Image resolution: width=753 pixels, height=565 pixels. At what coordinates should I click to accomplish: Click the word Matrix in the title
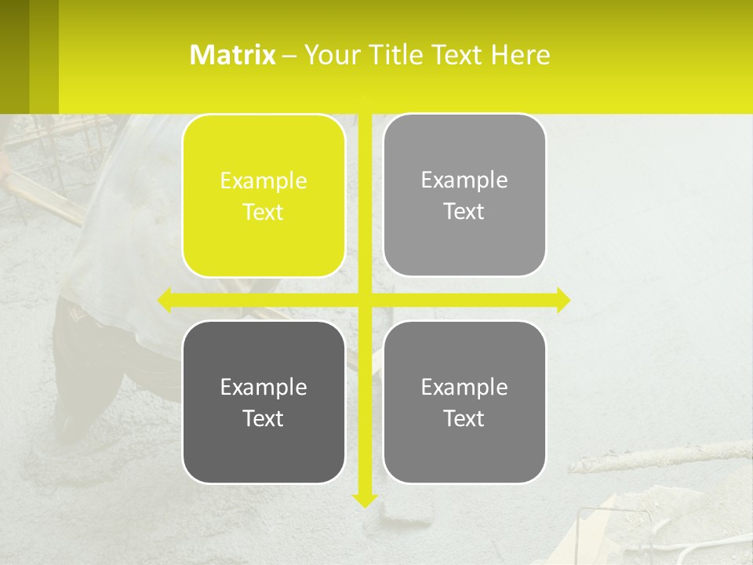[x=232, y=55]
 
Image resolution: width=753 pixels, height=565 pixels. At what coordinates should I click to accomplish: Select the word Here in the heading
[x=521, y=55]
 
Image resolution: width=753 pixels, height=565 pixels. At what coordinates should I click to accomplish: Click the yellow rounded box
[x=264, y=196]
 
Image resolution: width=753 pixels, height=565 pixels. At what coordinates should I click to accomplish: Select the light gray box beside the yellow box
[x=464, y=195]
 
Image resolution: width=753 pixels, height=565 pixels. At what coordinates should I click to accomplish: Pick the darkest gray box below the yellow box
[x=264, y=402]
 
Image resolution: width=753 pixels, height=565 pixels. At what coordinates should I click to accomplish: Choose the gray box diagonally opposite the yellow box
[x=464, y=402]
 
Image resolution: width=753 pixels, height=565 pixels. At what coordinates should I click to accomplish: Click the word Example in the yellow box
[x=264, y=181]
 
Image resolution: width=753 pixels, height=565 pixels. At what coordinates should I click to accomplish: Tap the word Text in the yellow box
[x=264, y=212]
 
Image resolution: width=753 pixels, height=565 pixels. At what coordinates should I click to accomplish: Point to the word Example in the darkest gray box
[x=264, y=387]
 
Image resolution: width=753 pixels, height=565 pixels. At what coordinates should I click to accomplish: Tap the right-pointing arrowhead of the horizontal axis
[x=563, y=300]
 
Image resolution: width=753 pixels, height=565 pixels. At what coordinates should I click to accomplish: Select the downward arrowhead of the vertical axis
[x=366, y=498]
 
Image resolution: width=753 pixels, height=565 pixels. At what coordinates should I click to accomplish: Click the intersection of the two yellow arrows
[x=366, y=300]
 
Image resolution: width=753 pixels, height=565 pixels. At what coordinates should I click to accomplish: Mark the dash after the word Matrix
[x=289, y=56]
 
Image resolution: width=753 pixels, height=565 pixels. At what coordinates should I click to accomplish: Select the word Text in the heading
[x=459, y=55]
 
